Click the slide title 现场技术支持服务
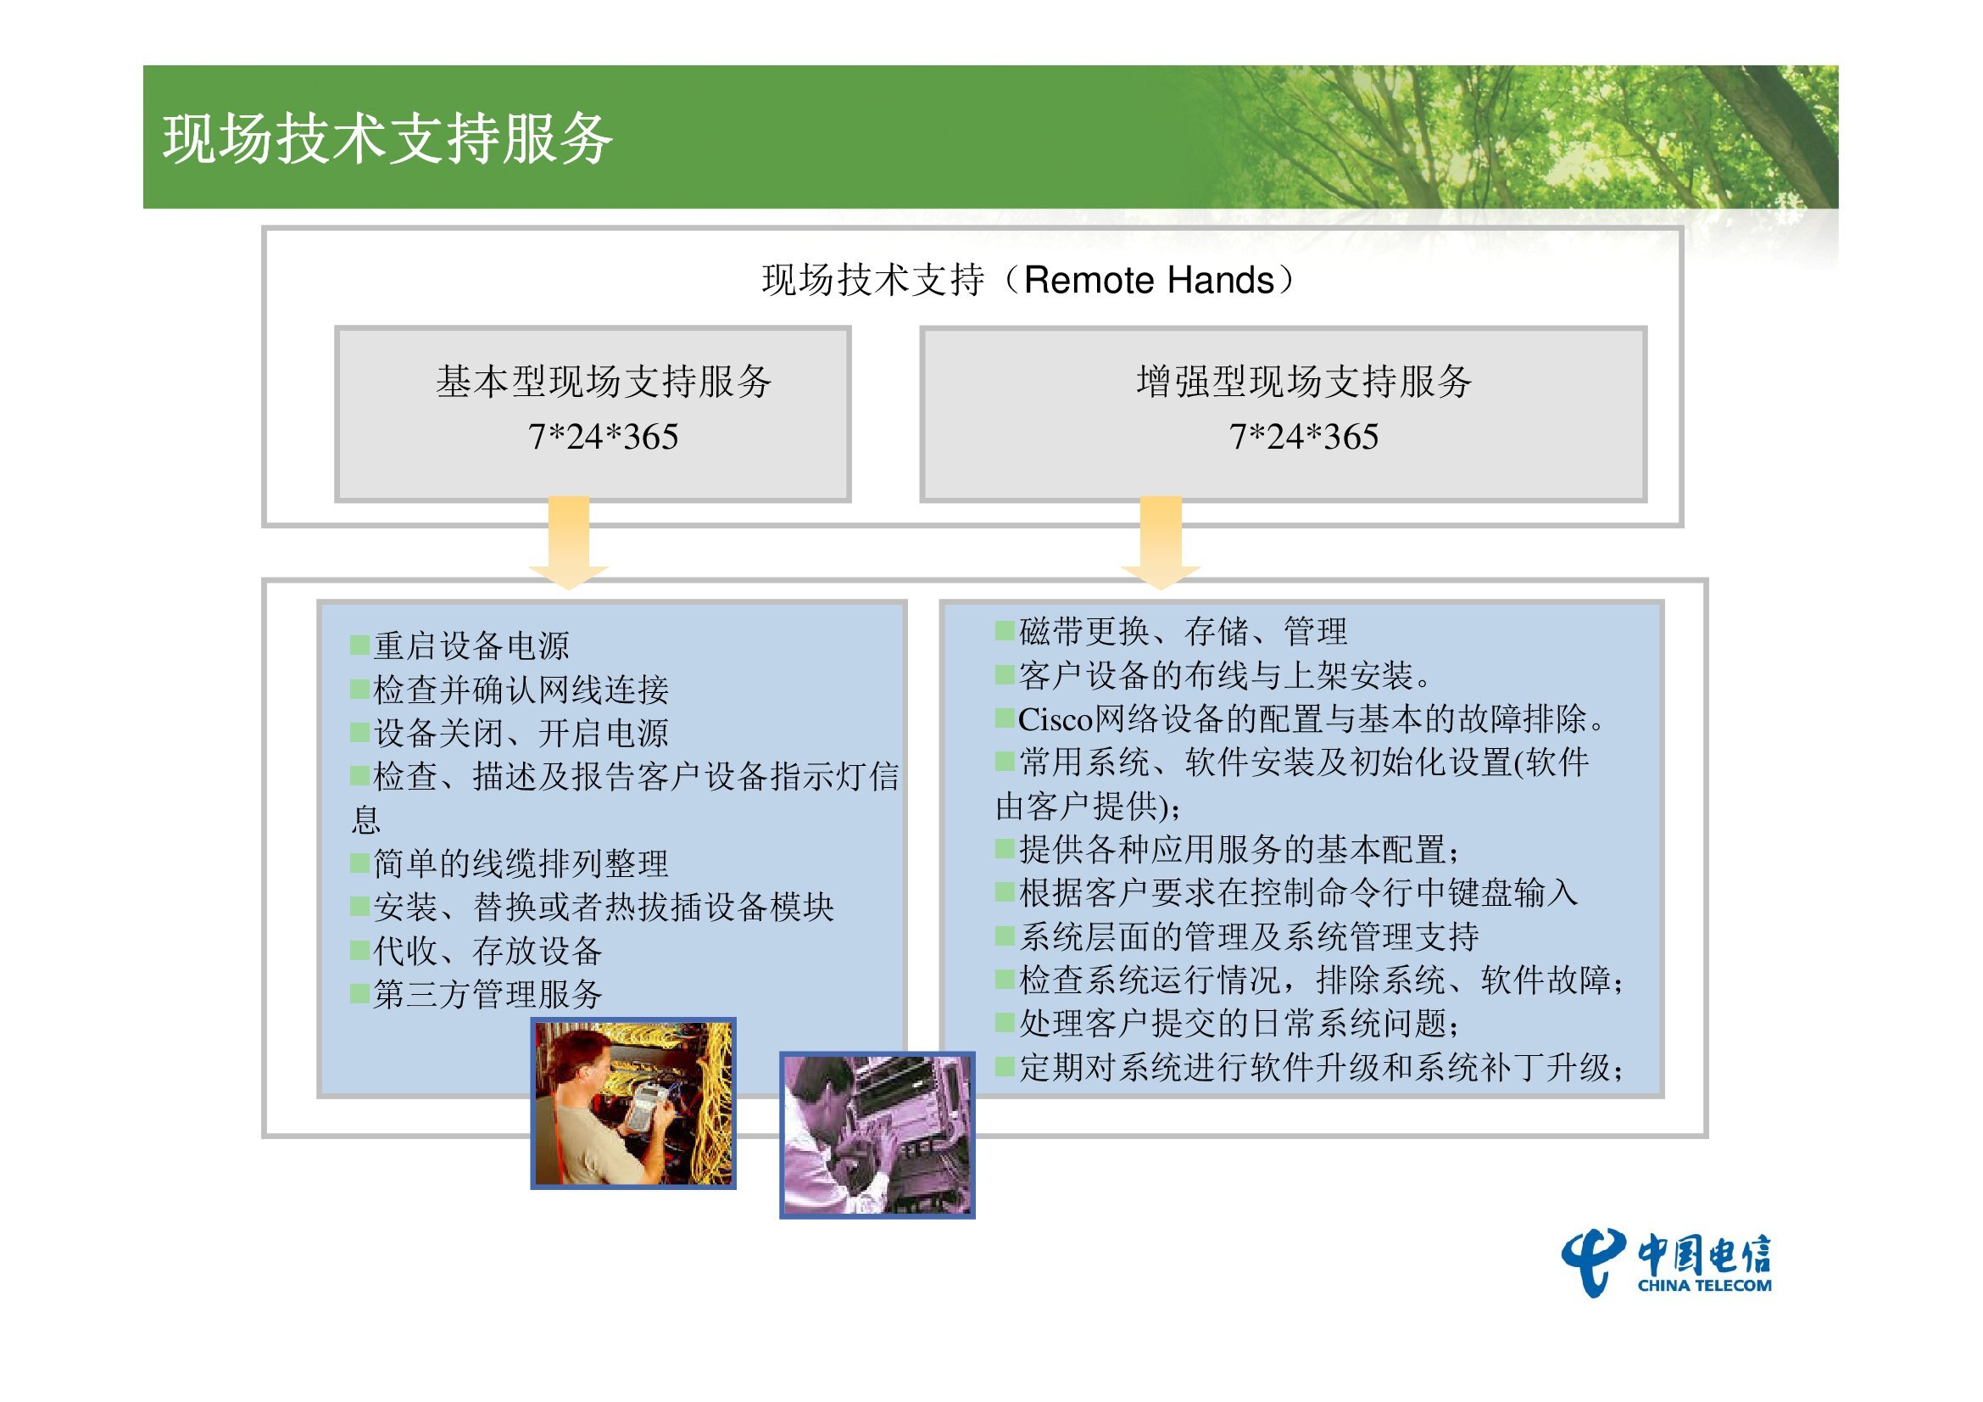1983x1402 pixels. (387, 138)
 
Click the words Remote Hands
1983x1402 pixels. (1149, 281)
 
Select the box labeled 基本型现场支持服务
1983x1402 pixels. (593, 414)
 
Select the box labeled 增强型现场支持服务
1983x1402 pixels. (1284, 414)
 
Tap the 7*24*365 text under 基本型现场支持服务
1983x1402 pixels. (603, 437)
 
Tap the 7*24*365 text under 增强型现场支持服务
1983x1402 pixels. (1303, 437)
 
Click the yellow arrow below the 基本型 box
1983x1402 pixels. (568, 543)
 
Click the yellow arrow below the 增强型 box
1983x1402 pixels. (1161, 543)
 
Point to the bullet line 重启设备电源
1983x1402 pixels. (460, 645)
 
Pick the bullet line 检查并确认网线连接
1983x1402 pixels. (510, 690)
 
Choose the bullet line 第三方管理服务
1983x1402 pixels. (476, 994)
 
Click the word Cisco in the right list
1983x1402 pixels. (1056, 718)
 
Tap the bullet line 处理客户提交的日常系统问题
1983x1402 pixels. (1228, 1024)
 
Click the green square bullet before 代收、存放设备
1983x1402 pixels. (360, 950)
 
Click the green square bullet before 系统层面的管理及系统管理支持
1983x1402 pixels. (1005, 936)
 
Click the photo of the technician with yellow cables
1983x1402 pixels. (633, 1103)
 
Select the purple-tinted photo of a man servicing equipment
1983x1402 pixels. (877, 1135)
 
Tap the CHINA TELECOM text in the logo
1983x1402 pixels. (1704, 1284)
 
